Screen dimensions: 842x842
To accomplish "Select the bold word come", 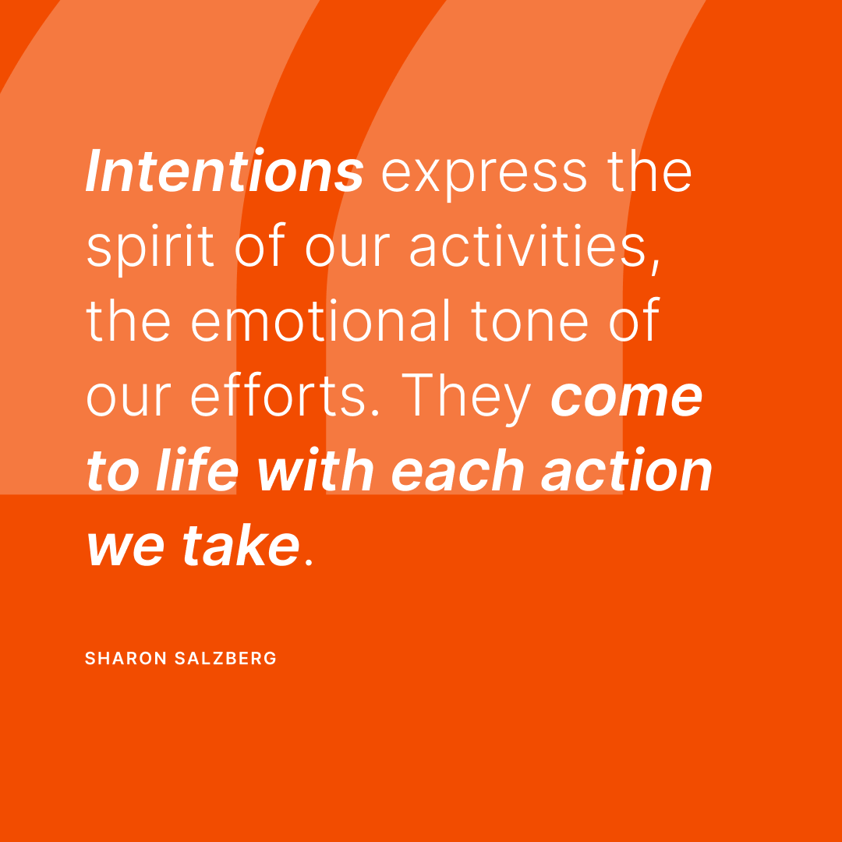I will click(x=627, y=398).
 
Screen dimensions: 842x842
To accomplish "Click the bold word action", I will click(x=627, y=471).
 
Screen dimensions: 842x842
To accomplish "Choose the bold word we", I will click(x=127, y=547).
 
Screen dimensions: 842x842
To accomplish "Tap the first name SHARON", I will click(x=126, y=659).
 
